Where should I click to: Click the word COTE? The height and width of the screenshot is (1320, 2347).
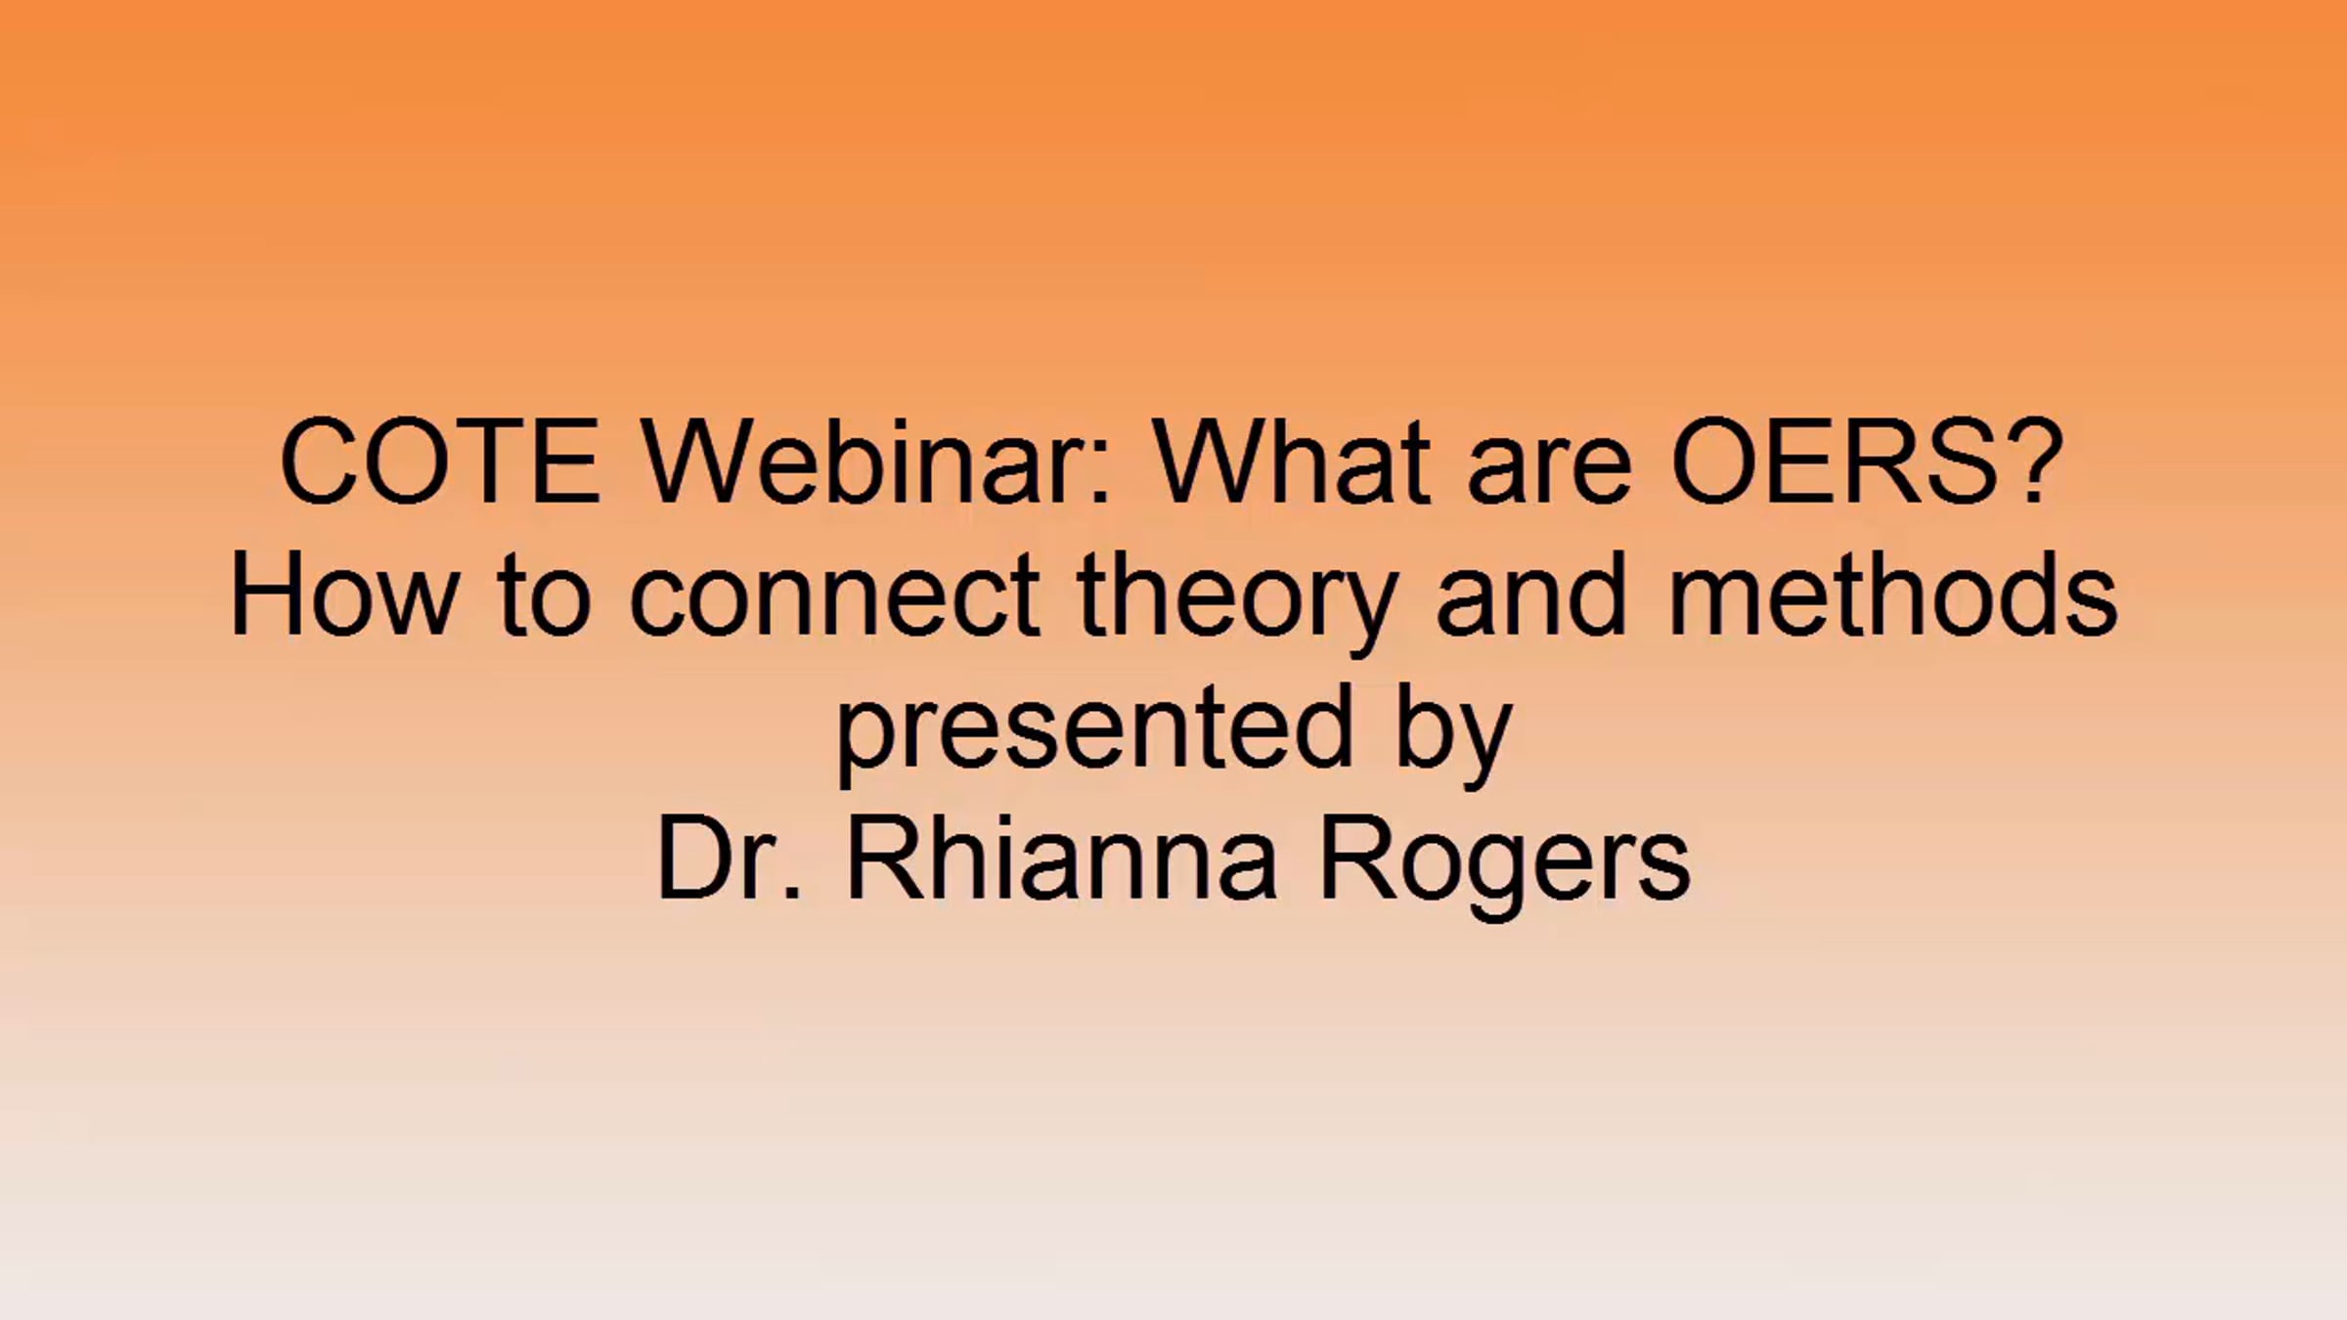(439, 462)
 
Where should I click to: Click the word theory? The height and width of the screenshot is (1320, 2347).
(1235, 602)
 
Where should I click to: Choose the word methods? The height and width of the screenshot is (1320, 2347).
(1893, 593)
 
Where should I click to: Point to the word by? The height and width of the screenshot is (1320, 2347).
(1454, 733)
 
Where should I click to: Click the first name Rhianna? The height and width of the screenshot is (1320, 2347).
(1062, 857)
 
